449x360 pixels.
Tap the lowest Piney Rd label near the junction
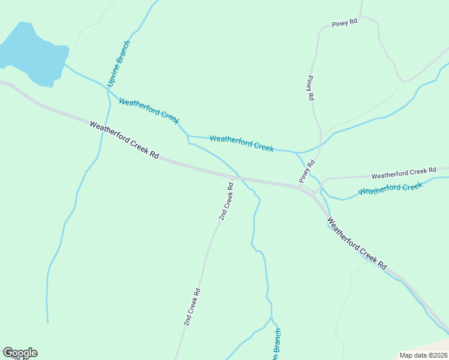(307, 172)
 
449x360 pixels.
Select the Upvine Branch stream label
(118, 64)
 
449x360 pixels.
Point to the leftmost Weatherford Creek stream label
(149, 111)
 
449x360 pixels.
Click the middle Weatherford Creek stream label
(241, 143)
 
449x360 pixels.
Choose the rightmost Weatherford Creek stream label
(391, 188)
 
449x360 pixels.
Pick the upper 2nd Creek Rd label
(226, 202)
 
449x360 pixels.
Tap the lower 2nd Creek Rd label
(192, 307)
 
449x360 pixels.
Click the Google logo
(20, 353)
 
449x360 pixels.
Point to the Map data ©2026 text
(424, 355)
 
